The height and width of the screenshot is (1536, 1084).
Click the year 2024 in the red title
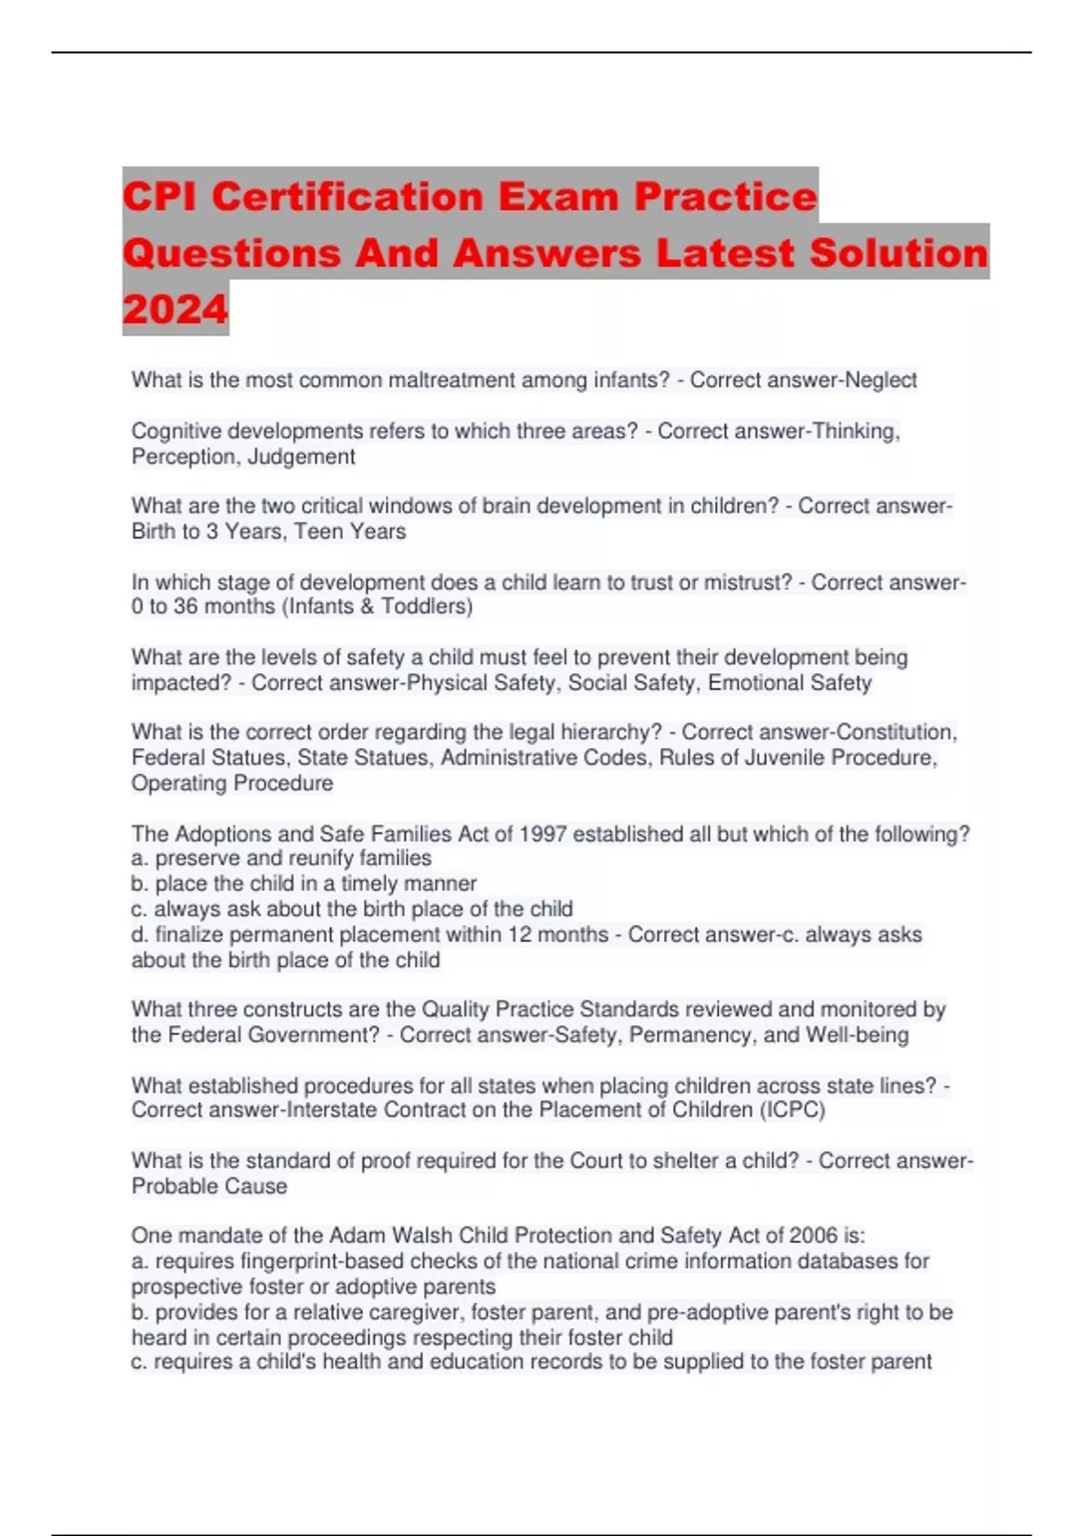tap(175, 309)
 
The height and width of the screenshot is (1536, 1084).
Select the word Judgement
tap(301, 457)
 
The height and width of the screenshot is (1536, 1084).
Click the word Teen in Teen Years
tap(318, 531)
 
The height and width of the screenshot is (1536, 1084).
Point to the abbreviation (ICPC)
tap(792, 1110)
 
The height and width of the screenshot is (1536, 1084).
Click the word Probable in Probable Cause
tap(169, 1186)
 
